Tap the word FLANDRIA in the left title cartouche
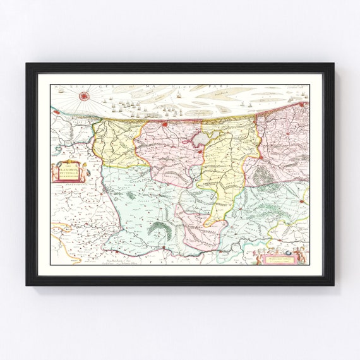[68, 169]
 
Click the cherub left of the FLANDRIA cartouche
[54, 172]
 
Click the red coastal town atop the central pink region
[165, 124]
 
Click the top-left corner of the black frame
[27, 64]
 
